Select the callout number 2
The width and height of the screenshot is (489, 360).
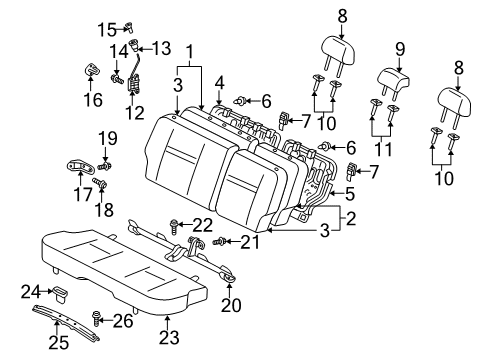349,216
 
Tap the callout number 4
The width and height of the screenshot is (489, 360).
219,83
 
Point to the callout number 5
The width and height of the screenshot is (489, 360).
351,193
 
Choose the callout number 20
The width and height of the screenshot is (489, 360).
234,305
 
